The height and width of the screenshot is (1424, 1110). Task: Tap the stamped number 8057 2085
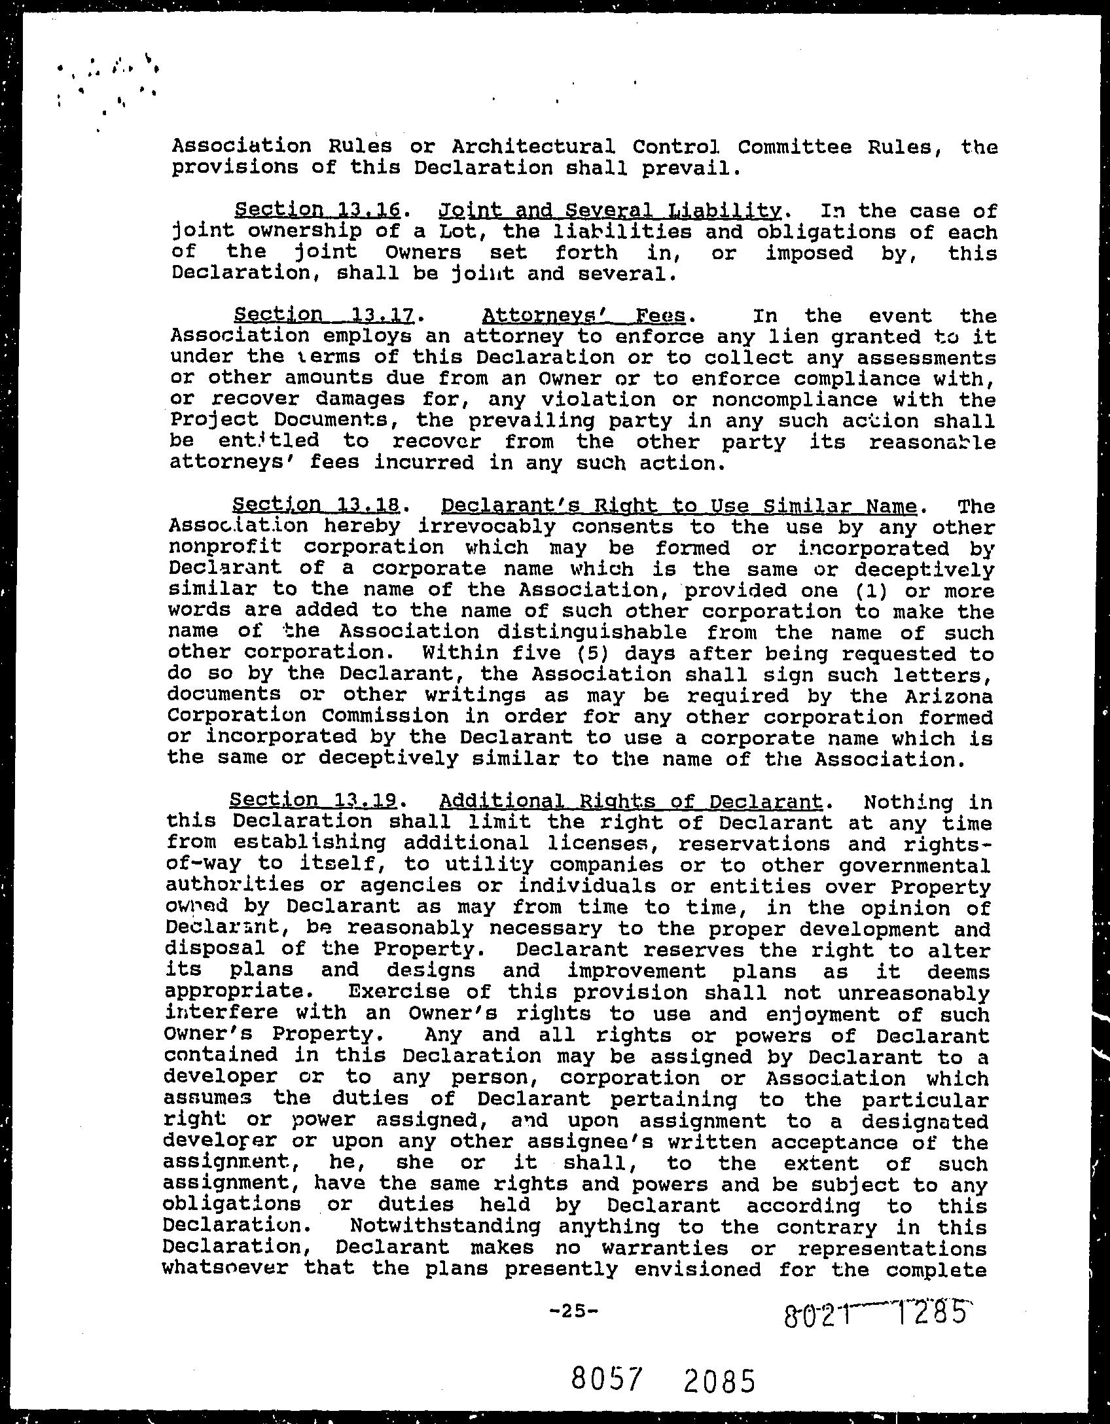[662, 1380]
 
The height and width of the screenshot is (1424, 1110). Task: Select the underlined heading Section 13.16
[317, 210]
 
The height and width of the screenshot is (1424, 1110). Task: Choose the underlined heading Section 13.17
[324, 315]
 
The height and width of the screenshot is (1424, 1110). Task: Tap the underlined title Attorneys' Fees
[584, 315]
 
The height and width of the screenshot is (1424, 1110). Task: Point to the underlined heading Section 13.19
[313, 800]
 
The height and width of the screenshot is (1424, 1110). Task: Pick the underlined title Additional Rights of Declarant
[630, 800]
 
